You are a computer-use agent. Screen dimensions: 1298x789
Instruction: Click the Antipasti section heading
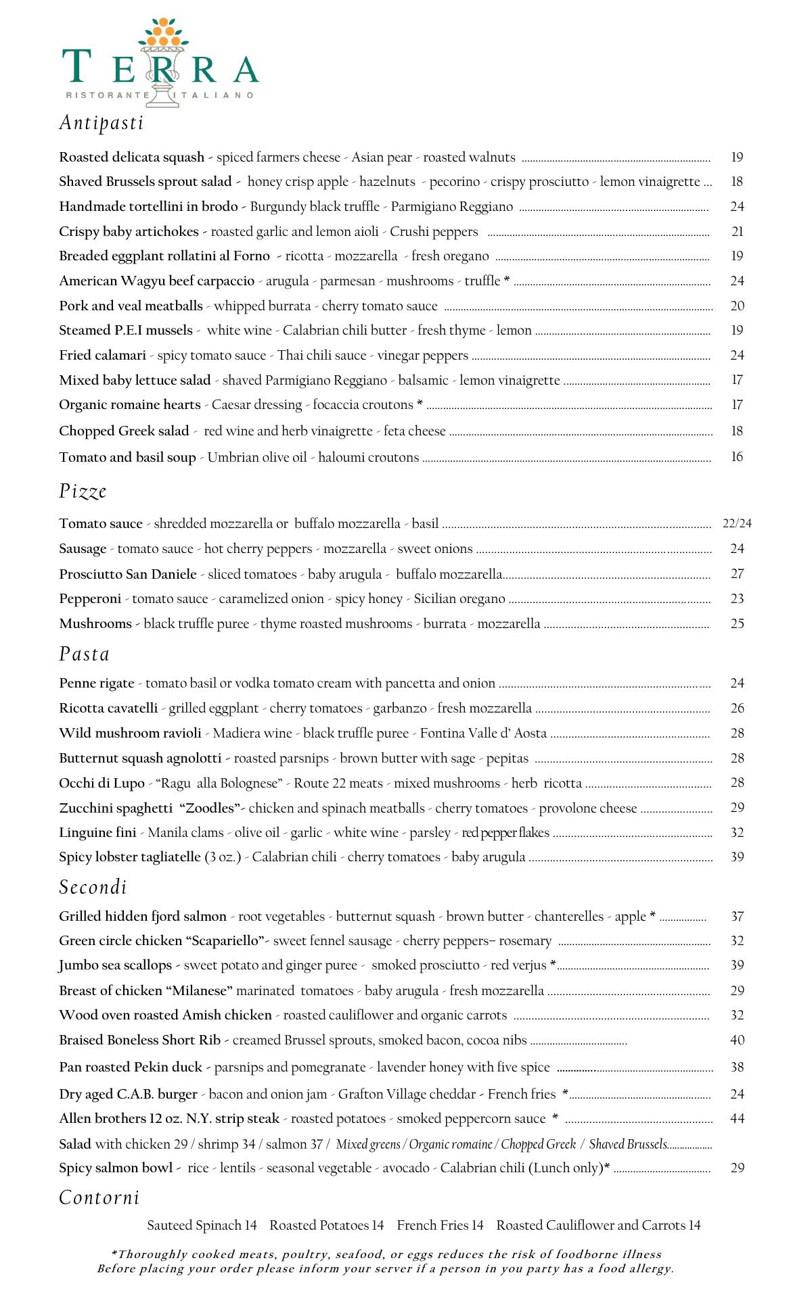(102, 122)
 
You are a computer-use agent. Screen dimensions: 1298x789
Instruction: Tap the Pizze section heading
(83, 491)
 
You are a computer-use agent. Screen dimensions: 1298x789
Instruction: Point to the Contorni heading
(99, 1197)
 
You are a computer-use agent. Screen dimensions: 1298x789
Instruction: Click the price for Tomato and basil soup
(737, 457)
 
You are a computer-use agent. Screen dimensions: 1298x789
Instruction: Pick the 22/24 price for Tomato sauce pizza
(737, 523)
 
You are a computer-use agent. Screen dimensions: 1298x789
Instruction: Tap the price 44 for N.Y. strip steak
(737, 1118)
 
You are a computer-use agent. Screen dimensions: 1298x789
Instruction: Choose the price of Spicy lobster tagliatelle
(737, 857)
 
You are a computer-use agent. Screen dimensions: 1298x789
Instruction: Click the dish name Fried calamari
(102, 355)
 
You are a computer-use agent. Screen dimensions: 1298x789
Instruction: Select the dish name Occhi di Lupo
(102, 783)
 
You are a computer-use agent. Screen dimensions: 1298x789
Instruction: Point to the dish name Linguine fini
(97, 832)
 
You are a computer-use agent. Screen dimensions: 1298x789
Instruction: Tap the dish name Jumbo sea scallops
(115, 965)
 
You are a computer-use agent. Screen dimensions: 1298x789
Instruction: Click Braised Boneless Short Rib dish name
(139, 1040)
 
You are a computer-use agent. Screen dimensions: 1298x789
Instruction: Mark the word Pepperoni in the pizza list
(90, 598)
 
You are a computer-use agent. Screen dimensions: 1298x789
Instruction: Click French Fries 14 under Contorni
(440, 1225)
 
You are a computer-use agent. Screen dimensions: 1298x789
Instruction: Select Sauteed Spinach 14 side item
(202, 1225)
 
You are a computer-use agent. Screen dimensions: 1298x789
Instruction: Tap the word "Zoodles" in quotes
(210, 808)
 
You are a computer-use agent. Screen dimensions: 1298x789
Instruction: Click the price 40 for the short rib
(737, 1040)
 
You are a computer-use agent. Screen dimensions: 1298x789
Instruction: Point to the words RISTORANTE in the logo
(108, 95)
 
